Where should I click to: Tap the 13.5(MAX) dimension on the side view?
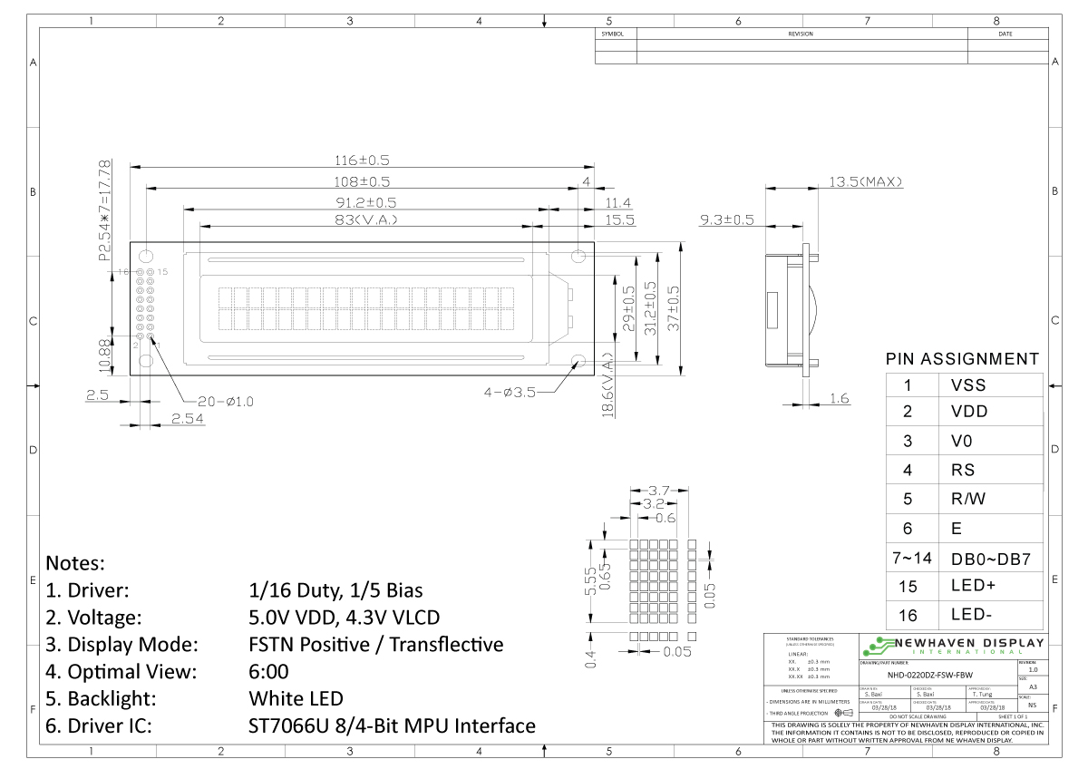(x=866, y=181)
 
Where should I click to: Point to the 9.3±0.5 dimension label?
(x=727, y=219)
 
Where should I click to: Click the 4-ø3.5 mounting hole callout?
(x=510, y=393)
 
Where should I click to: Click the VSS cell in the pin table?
(x=967, y=385)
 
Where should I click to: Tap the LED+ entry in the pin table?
(x=973, y=586)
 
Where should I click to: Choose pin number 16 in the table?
(x=908, y=616)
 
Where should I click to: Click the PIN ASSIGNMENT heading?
(x=962, y=359)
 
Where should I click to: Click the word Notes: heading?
(x=75, y=562)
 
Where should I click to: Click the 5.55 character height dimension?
(x=591, y=579)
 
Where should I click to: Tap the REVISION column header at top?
(x=801, y=34)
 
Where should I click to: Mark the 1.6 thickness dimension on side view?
(x=839, y=398)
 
